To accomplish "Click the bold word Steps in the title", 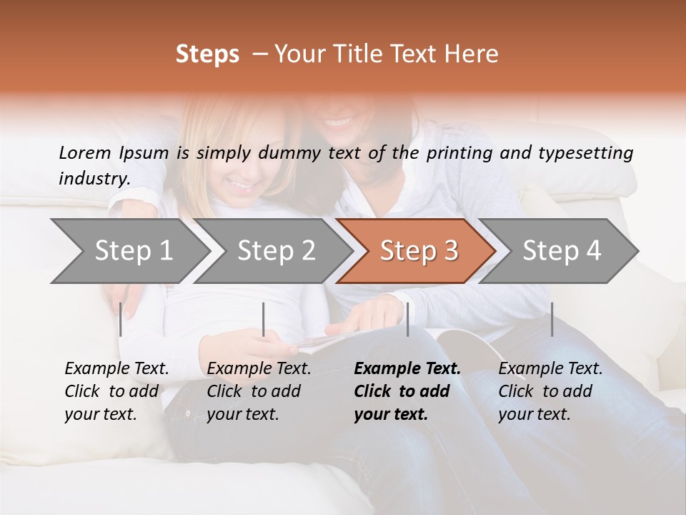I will (x=207, y=54).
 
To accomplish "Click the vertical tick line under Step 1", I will (x=121, y=319).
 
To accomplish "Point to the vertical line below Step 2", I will (x=264, y=319).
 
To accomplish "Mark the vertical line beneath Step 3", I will (x=407, y=319).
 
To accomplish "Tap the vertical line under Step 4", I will (x=552, y=319).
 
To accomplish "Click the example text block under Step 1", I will (x=116, y=391).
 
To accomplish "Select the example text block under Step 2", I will (x=259, y=391).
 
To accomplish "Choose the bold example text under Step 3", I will (x=407, y=391).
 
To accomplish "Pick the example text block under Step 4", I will (x=550, y=391).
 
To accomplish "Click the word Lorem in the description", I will (x=85, y=152).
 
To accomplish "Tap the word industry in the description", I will (x=94, y=179).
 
